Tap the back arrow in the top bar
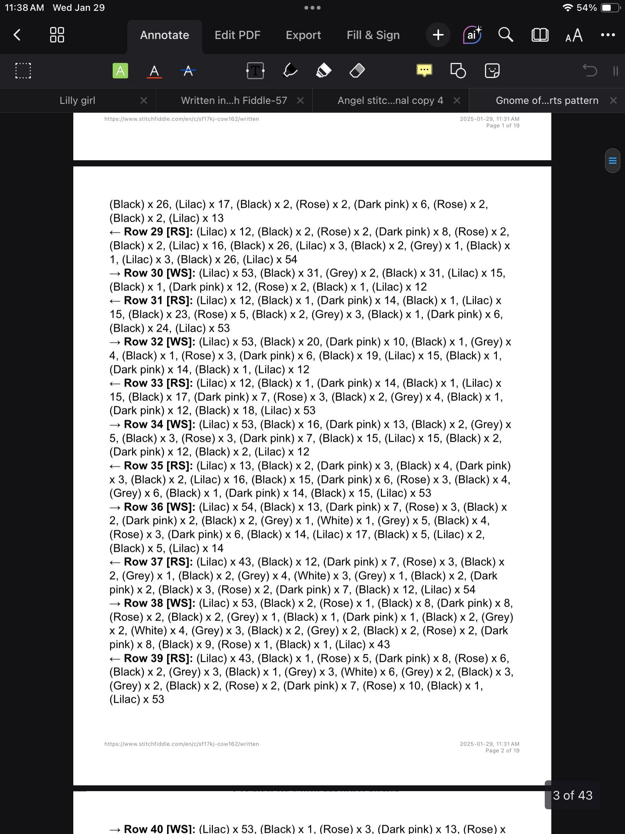click(x=17, y=35)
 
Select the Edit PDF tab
click(x=237, y=35)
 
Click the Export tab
click(x=303, y=35)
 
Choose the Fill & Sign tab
click(x=373, y=35)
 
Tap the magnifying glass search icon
click(x=505, y=35)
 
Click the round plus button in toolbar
click(x=438, y=35)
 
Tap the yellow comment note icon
click(x=424, y=71)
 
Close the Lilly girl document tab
click(x=144, y=100)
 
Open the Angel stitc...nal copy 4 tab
click(x=390, y=100)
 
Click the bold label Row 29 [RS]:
click(x=158, y=232)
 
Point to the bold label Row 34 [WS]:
click(x=159, y=424)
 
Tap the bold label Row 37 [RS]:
click(x=158, y=562)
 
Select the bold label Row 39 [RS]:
click(x=158, y=658)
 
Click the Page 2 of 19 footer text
click(x=502, y=751)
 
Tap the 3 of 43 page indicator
click(x=573, y=795)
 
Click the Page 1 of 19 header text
click(x=502, y=125)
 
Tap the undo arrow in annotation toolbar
click(x=590, y=71)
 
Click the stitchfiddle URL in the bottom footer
click(x=181, y=744)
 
